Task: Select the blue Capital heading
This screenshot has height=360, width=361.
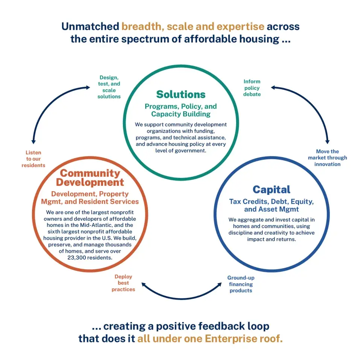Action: pos(271,189)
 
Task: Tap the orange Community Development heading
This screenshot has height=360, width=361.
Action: pos(90,178)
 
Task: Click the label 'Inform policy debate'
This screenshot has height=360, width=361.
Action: pos(252,88)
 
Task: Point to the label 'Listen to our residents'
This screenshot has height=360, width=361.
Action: pos(33,159)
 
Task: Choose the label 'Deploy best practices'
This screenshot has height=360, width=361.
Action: pos(123,283)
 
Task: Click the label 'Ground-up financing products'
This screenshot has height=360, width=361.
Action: pos(241,284)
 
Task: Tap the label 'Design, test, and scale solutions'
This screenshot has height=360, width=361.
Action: pos(109,87)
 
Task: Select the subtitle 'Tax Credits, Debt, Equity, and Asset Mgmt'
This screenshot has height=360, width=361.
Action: pos(271,205)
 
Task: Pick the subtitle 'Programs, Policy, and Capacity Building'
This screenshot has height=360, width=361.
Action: pos(181,110)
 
